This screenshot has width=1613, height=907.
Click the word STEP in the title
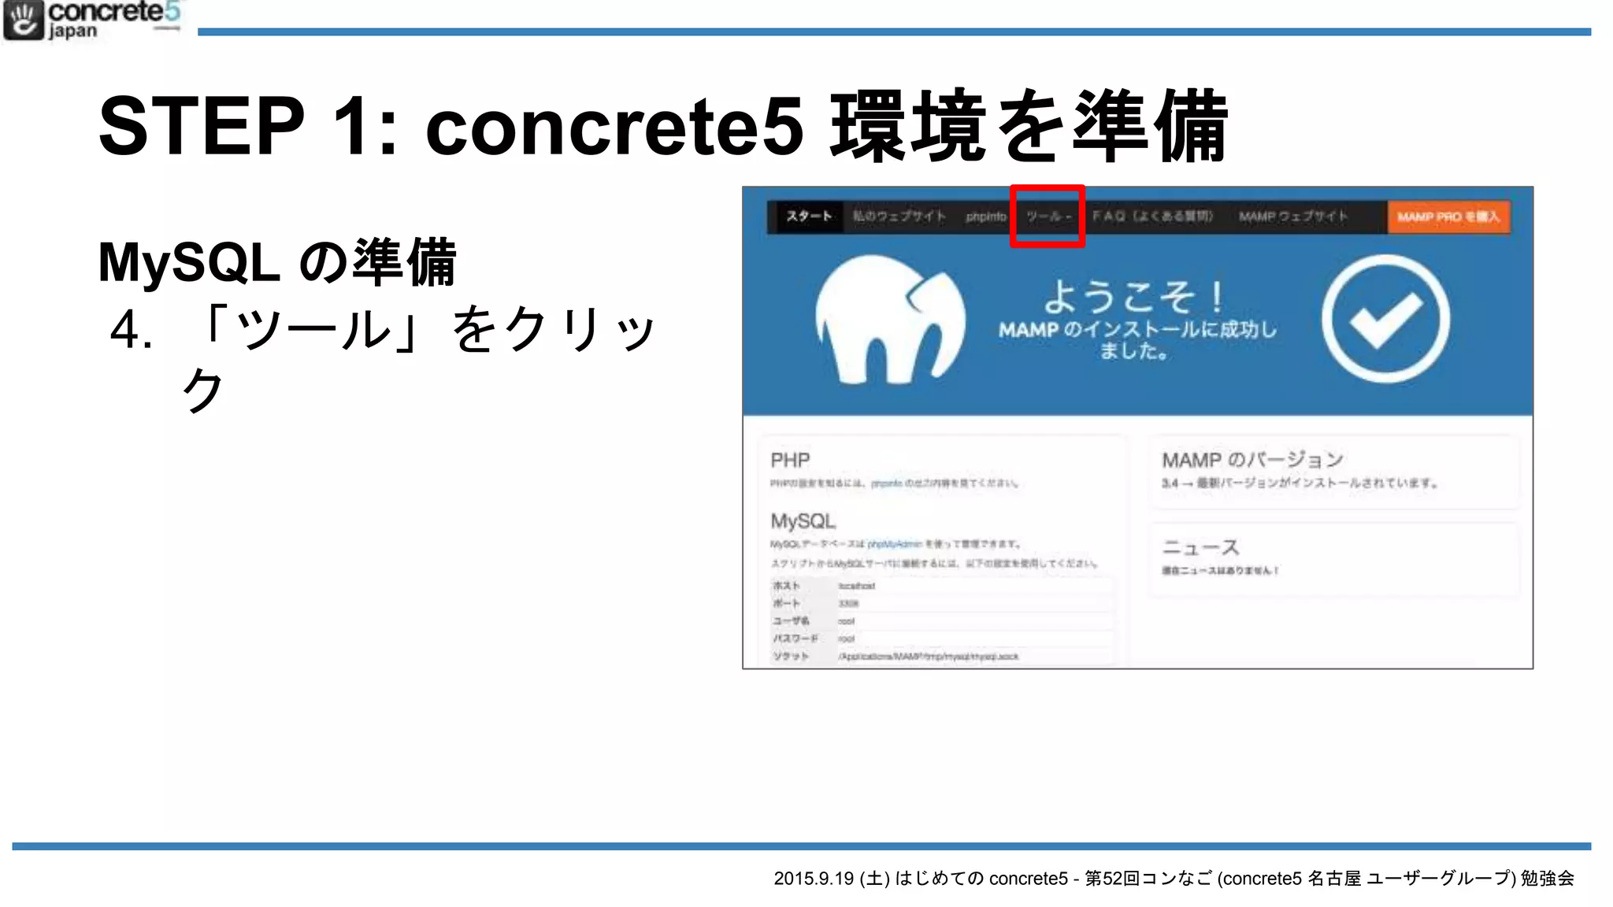pos(202,126)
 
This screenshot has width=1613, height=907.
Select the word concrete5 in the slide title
pos(614,126)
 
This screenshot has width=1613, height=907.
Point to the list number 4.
pos(131,330)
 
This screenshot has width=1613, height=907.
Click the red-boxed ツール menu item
pos(1048,217)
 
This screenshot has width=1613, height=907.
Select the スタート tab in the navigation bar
pos(809,217)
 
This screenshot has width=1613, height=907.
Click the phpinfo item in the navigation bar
pos(986,217)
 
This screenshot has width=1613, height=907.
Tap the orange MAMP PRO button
pos(1448,217)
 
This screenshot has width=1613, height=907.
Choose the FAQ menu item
pos(1152,217)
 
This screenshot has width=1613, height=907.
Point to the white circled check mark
pos(1385,319)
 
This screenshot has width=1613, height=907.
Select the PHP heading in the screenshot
pos(790,461)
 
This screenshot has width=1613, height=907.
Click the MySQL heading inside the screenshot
pos(803,521)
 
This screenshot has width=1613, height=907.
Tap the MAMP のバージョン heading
pos(1252,460)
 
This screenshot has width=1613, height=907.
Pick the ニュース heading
pos(1201,547)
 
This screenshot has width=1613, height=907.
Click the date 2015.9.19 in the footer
pos(814,879)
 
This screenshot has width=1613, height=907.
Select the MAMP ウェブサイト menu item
pos(1293,217)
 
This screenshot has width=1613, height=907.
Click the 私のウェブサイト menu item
pos(899,217)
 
